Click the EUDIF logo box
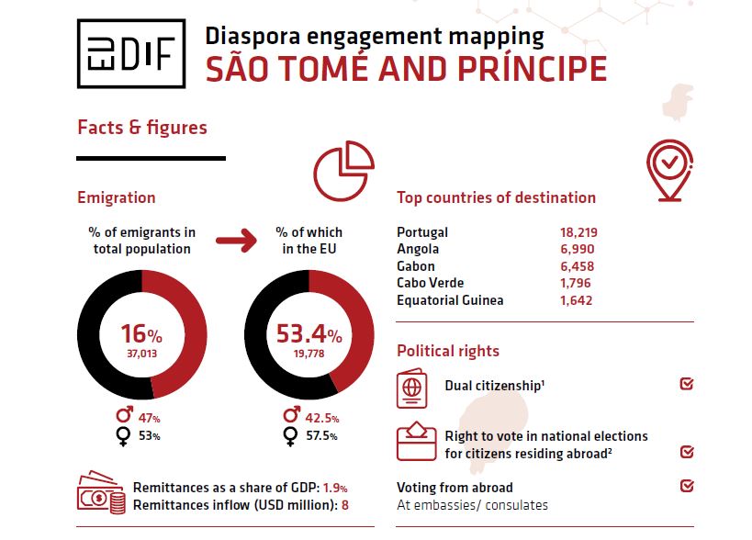pyautogui.click(x=131, y=54)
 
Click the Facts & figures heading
pyautogui.click(x=142, y=127)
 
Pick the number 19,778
pyautogui.click(x=309, y=352)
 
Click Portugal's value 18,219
pyautogui.click(x=578, y=232)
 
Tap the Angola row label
pyautogui.click(x=418, y=249)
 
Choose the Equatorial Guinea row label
pyautogui.click(x=450, y=300)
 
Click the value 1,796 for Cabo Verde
pyautogui.click(x=576, y=283)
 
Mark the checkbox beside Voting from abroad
pyautogui.click(x=687, y=486)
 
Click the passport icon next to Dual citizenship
pyautogui.click(x=412, y=388)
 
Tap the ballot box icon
pyautogui.click(x=415, y=442)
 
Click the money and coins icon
pyautogui.click(x=100, y=493)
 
